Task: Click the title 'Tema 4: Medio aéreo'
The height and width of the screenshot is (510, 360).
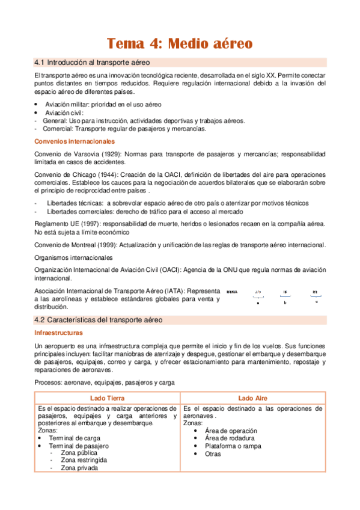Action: (180, 43)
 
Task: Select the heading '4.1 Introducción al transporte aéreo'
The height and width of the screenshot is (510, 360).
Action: (92, 63)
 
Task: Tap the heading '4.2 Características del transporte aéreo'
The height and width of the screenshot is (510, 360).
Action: (98, 320)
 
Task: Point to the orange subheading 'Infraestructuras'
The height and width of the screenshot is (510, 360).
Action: (58, 333)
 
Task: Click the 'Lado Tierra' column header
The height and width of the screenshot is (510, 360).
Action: (108, 398)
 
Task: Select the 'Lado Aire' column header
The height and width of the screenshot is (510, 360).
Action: (253, 398)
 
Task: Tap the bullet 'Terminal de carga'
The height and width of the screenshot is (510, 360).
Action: (72, 438)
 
